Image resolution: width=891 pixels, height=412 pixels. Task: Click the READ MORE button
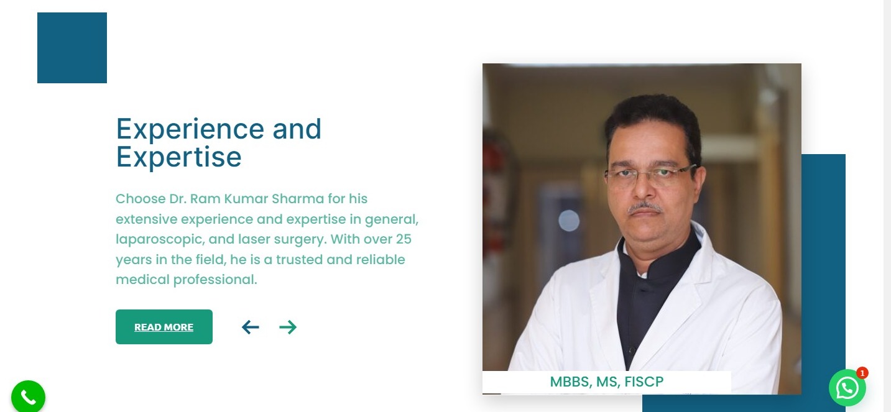(x=164, y=327)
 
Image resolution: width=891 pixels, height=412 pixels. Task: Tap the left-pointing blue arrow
(x=251, y=327)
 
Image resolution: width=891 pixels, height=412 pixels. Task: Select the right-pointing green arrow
(x=288, y=327)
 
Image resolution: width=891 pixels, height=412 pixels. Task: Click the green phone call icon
(x=28, y=396)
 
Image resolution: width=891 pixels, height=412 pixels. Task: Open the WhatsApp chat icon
(x=847, y=388)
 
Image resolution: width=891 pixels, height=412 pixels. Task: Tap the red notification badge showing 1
(x=862, y=373)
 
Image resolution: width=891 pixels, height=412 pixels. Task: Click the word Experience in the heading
(x=190, y=130)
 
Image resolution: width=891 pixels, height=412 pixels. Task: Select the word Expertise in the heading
(x=179, y=157)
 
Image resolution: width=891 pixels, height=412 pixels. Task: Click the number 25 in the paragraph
(x=404, y=239)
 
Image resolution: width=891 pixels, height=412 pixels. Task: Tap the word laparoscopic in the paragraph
(x=160, y=240)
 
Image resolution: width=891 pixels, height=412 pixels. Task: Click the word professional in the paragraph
(x=215, y=280)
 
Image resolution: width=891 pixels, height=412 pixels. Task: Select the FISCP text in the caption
(x=644, y=382)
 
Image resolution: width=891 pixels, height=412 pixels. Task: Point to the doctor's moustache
(x=644, y=207)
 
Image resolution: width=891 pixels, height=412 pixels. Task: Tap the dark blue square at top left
(x=72, y=48)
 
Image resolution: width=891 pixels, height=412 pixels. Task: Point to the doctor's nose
(x=644, y=186)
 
